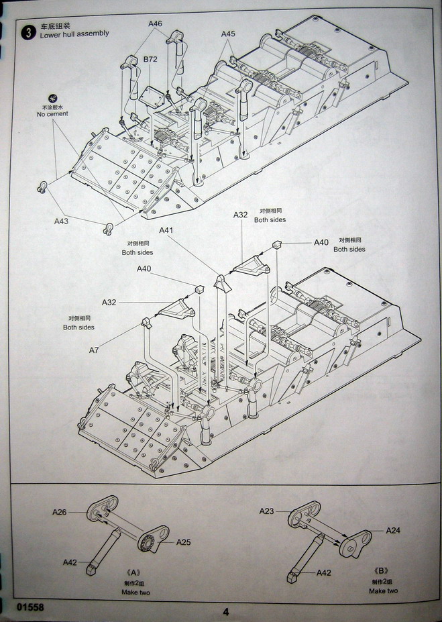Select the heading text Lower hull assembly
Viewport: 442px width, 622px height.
point(74,34)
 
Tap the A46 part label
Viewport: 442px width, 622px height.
point(155,23)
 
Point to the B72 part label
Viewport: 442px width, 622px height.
point(150,60)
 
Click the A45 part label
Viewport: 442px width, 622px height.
point(228,34)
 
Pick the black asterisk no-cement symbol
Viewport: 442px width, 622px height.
point(52,98)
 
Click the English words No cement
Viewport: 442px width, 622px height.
point(52,114)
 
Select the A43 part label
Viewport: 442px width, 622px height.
point(61,221)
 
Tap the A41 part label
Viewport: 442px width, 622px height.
point(166,230)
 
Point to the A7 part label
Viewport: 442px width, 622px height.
point(93,350)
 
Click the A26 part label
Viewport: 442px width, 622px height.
point(59,512)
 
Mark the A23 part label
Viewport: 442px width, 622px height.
point(266,511)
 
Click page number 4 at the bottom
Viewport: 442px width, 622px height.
point(226,611)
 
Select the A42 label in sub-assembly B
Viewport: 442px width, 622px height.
point(323,572)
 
